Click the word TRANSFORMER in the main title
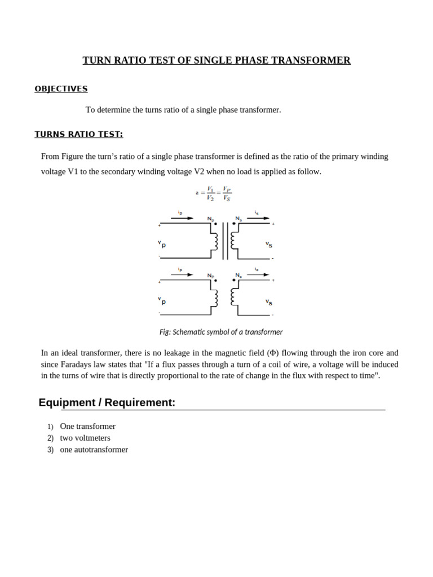click(318, 60)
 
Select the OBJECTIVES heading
click(61, 89)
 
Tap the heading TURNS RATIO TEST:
click(78, 134)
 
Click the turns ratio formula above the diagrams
click(214, 193)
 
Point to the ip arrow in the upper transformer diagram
click(182, 218)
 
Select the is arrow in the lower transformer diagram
click(258, 274)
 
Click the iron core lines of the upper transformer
click(225, 241)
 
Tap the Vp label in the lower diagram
click(162, 300)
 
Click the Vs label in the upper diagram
click(269, 245)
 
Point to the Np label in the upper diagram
click(210, 219)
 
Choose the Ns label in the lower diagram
click(238, 276)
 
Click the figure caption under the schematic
click(221, 332)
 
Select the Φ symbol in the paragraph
click(273, 353)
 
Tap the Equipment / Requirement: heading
click(107, 402)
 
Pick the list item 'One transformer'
click(87, 426)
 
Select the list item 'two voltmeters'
click(85, 438)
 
